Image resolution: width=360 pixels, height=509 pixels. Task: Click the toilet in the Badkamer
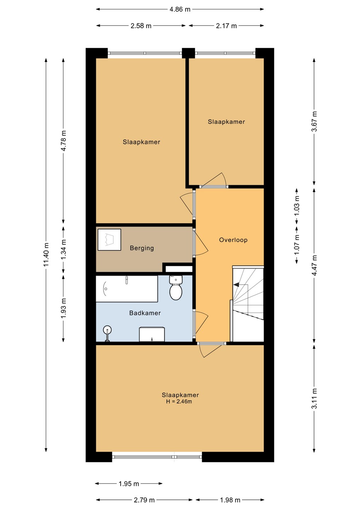click(176, 288)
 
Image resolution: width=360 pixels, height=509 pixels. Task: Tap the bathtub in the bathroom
click(127, 289)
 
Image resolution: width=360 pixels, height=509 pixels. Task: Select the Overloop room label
click(233, 240)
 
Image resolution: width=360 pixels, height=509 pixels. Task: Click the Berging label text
click(142, 248)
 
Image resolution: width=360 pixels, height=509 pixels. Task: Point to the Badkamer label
click(145, 313)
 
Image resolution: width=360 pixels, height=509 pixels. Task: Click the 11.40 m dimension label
click(46, 255)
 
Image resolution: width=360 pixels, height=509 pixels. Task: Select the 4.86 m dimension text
click(180, 10)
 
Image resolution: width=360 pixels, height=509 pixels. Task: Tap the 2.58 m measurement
click(141, 26)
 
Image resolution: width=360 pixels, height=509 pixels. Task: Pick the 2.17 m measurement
click(226, 26)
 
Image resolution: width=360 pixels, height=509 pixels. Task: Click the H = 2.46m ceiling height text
click(179, 402)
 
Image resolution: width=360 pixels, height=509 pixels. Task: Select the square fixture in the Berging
click(109, 240)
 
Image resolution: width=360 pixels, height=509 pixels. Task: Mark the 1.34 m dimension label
click(64, 250)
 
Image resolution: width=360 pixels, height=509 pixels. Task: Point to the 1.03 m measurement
click(297, 206)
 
